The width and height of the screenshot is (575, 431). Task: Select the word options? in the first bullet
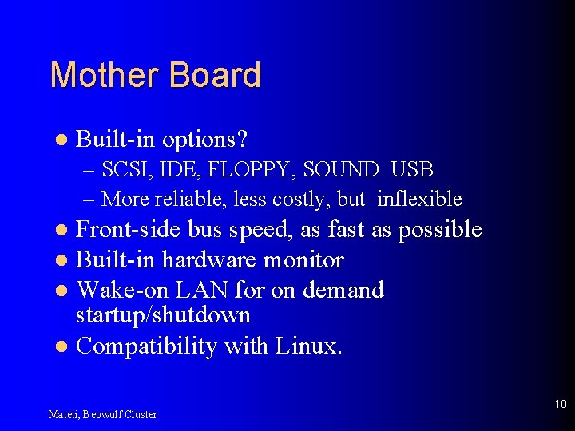(205, 140)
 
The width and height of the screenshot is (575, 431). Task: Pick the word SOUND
(341, 170)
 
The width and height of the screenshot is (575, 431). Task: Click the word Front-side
(128, 230)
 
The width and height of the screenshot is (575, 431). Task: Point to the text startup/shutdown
(163, 315)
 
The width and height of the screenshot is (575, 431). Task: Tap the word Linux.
(309, 346)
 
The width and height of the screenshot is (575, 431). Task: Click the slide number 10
(560, 405)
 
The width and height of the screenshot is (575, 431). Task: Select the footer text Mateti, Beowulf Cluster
(103, 414)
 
